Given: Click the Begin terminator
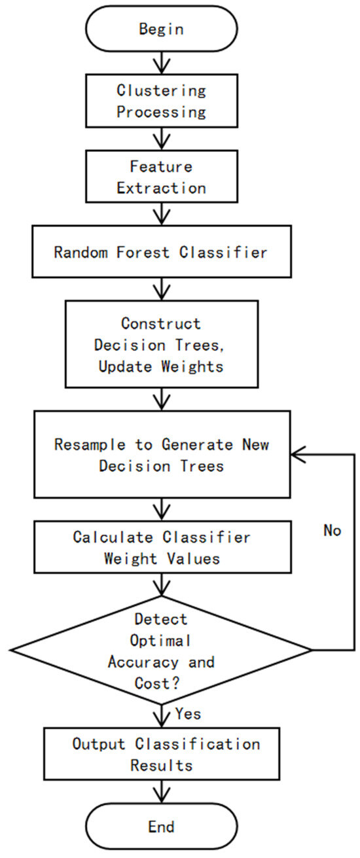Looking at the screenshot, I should point(161,29).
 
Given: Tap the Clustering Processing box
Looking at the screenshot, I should point(161,101).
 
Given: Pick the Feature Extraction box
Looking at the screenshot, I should point(161,177).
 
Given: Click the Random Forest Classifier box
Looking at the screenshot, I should point(161,252).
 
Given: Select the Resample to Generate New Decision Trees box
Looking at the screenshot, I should point(161,455).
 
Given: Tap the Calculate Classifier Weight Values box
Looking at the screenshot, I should point(161,547).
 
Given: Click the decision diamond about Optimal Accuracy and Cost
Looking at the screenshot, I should point(161,651).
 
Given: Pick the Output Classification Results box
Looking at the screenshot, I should point(161,754).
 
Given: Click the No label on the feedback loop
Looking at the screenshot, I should point(332,530).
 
